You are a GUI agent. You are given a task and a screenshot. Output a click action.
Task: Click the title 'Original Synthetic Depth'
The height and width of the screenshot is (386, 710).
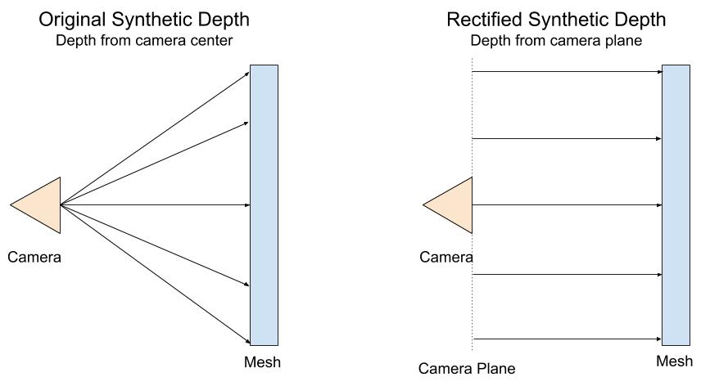pyautogui.click(x=144, y=20)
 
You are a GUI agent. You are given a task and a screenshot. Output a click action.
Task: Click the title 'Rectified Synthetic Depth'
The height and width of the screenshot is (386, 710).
pyautogui.click(x=556, y=20)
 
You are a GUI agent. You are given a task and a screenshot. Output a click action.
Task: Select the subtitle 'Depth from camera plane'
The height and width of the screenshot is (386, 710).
pyautogui.click(x=556, y=41)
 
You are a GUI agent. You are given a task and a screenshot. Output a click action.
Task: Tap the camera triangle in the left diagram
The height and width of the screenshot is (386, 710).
pyautogui.click(x=41, y=204)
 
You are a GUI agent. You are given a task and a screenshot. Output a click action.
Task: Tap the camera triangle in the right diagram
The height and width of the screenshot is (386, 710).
pyautogui.click(x=453, y=204)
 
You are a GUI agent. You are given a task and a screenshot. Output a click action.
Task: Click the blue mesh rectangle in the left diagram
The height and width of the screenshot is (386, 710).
pyautogui.click(x=264, y=204)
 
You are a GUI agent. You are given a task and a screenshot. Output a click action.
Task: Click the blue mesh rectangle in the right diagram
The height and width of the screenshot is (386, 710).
pyautogui.click(x=676, y=204)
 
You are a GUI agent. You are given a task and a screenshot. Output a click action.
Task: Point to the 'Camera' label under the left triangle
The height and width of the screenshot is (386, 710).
pyautogui.click(x=34, y=258)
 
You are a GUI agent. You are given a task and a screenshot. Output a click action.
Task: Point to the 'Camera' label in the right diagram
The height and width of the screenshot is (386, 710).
pyautogui.click(x=446, y=258)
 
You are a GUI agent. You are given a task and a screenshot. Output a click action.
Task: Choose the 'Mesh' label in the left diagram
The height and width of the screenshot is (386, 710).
pyautogui.click(x=262, y=362)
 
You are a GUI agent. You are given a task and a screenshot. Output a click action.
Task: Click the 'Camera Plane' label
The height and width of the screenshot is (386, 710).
pyautogui.click(x=467, y=369)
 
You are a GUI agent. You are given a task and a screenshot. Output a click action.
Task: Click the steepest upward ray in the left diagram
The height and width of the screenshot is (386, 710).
pyautogui.click(x=156, y=138)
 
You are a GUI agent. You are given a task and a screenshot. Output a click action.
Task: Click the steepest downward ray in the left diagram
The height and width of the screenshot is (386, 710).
pyautogui.click(x=156, y=274)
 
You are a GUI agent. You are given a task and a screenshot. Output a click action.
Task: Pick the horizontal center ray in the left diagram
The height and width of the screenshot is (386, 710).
pyautogui.click(x=156, y=204)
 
